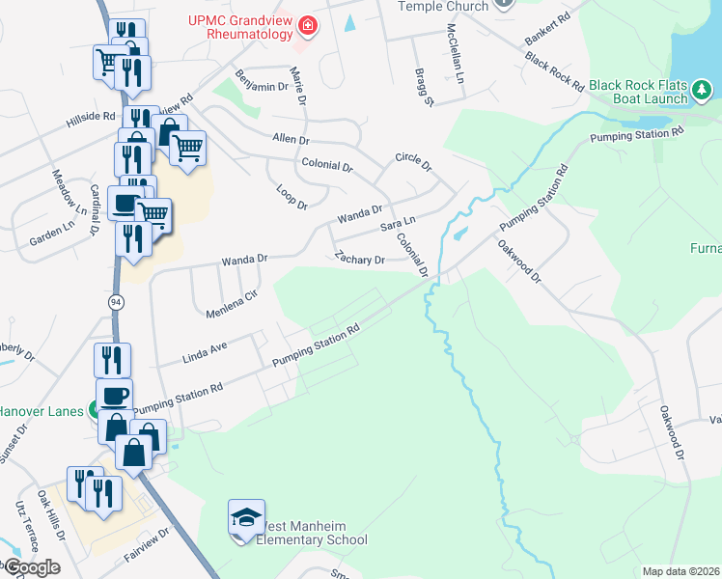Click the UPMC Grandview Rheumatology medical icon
[307, 24]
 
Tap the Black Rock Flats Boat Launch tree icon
[703, 93]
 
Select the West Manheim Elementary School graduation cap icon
[246, 518]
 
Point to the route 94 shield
[116, 302]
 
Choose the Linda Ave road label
[204, 353]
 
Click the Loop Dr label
[291, 198]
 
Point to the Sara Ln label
[397, 226]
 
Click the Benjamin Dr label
[262, 79]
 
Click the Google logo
[31, 566]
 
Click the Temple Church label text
[444, 6]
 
